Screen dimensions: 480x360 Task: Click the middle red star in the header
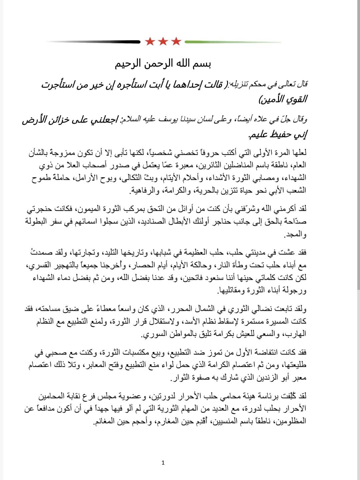point(163,42)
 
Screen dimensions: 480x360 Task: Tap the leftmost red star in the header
point(150,42)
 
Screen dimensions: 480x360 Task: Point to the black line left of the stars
point(93,42)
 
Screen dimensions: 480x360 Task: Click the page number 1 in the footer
point(163,462)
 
